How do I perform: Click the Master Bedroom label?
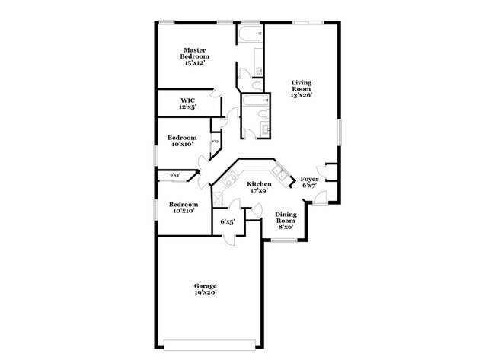(195, 56)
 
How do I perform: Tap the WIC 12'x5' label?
(188, 104)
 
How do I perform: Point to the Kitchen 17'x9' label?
(259, 187)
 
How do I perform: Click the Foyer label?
(310, 182)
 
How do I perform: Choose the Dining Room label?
(285, 220)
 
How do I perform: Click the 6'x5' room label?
(227, 222)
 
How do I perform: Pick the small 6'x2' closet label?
(174, 175)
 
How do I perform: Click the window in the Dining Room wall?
(285, 241)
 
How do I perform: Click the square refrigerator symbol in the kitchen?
(219, 197)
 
